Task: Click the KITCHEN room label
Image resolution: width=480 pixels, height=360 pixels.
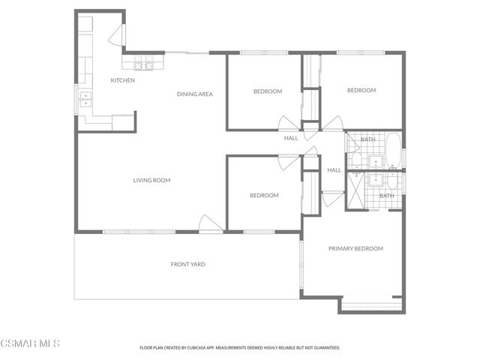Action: pyautogui.click(x=122, y=80)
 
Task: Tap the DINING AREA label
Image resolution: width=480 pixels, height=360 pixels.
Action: pyautogui.click(x=195, y=94)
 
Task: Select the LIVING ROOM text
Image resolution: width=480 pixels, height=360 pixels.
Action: pyautogui.click(x=151, y=180)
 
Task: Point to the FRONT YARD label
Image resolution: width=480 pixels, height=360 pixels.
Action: pyautogui.click(x=187, y=264)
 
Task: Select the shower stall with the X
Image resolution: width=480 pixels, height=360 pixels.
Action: pyautogui.click(x=355, y=190)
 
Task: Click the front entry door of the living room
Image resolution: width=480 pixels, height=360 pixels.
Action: pyautogui.click(x=209, y=223)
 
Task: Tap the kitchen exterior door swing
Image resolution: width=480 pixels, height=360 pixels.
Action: pyautogui.click(x=115, y=34)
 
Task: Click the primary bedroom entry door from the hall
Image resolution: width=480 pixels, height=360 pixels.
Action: pyautogui.click(x=332, y=199)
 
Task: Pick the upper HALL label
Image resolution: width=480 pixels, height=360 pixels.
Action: pyautogui.click(x=291, y=138)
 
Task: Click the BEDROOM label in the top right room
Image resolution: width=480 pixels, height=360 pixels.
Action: pyautogui.click(x=361, y=91)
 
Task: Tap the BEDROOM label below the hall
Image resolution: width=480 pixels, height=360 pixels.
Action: pyautogui.click(x=264, y=196)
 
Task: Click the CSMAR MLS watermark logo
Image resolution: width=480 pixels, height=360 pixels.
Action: pyautogui.click(x=30, y=344)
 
